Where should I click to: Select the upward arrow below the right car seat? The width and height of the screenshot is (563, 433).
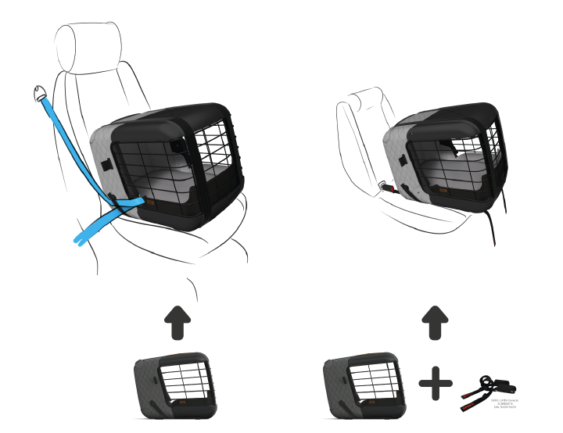435,322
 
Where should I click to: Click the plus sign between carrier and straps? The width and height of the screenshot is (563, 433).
436,385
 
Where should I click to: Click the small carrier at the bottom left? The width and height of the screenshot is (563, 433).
174,386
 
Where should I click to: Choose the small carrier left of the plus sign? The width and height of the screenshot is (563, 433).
366,386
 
